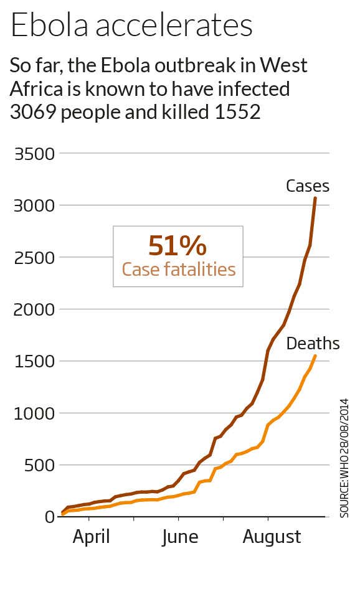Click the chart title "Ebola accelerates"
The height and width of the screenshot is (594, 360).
coord(131,27)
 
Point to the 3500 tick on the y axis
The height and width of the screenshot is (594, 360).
coord(34,154)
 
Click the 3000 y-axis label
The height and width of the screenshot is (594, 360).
coord(34,205)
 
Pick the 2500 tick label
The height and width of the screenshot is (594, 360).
coord(34,258)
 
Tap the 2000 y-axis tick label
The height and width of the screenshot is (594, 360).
coord(34,309)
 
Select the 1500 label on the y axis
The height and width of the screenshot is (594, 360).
coord(34,361)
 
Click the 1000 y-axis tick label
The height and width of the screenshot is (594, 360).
coord(34,413)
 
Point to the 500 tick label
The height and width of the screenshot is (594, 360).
coord(39,465)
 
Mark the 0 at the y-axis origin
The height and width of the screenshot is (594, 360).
coord(49,517)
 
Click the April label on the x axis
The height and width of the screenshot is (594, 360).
coord(91,537)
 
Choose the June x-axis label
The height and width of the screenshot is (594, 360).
coord(180,537)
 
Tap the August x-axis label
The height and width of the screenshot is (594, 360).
coord(272,537)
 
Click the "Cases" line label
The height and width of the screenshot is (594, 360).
coord(307,186)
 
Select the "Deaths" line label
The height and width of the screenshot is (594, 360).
coord(313,344)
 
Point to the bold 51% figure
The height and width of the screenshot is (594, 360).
coord(178,246)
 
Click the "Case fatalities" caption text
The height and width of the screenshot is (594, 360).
coord(178,270)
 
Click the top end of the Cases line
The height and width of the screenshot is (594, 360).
coord(315,198)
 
